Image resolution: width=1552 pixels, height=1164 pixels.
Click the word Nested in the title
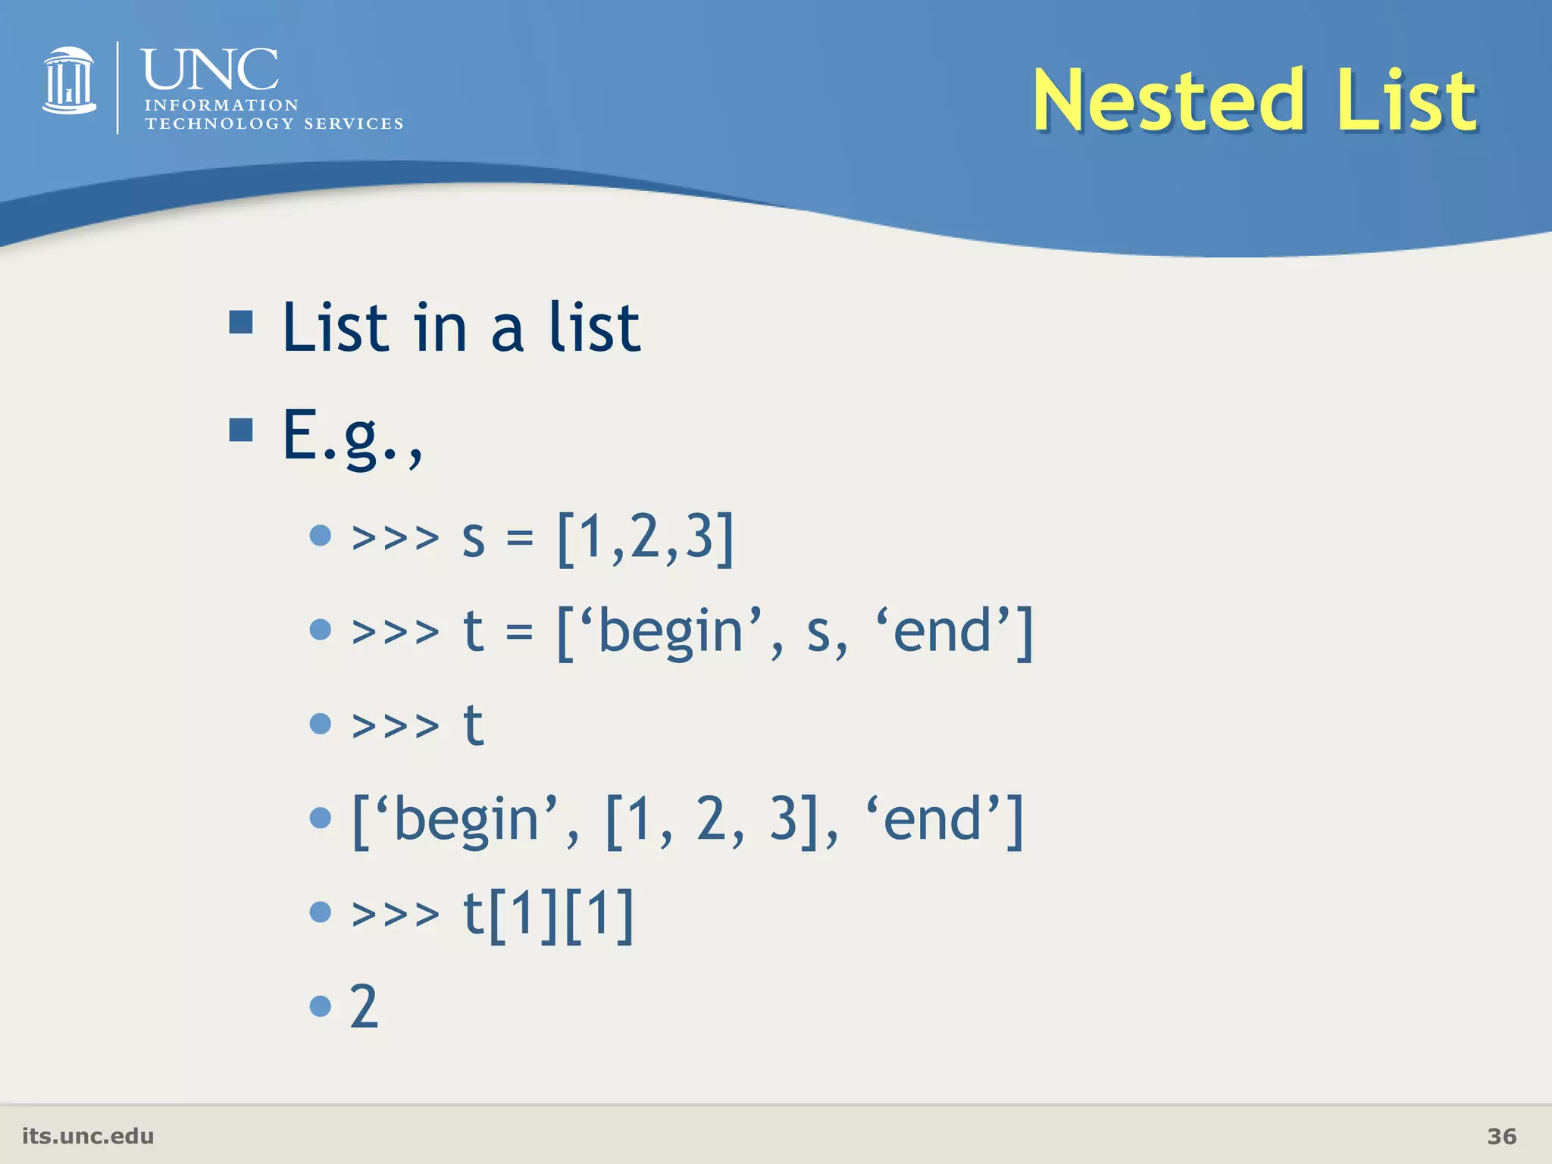(1168, 101)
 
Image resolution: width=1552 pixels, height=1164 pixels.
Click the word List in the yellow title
(1406, 101)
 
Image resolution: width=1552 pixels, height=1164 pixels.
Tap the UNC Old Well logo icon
(69, 82)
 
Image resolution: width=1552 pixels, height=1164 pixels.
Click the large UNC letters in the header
(210, 70)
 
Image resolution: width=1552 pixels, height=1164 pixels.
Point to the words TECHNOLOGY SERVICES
(274, 124)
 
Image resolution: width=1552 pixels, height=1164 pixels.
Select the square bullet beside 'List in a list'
(241, 322)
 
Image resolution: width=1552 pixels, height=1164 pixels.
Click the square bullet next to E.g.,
(241, 430)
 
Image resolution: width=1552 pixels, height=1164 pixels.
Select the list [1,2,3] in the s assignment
(646, 538)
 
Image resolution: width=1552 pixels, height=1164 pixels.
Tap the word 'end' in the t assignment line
(942, 631)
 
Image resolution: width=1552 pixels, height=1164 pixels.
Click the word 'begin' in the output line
(465, 820)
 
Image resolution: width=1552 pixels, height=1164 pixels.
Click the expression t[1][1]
(548, 914)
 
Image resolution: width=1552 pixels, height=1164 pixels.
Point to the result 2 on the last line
(364, 1007)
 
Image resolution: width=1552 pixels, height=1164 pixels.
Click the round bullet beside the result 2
(321, 1006)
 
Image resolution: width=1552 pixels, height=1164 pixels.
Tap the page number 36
(1501, 1136)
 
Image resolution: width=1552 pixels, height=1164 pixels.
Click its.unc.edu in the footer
(88, 1136)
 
